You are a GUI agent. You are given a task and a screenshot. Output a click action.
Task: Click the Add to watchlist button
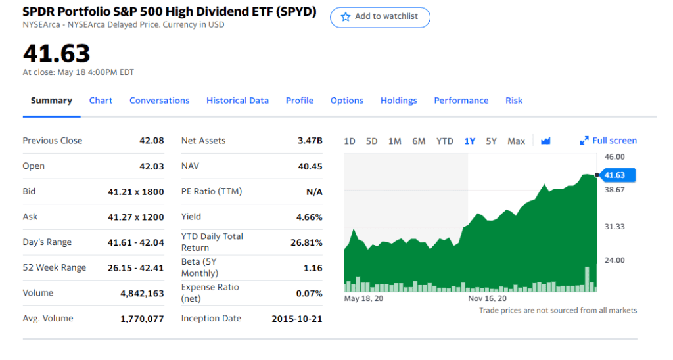pos(380,17)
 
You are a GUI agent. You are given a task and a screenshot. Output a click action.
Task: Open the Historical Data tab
pos(237,101)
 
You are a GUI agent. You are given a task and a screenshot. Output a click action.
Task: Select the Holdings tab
pos(398,101)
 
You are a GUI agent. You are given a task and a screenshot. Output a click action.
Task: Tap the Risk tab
pos(514,101)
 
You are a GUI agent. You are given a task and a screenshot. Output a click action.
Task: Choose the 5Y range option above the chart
pos(491,141)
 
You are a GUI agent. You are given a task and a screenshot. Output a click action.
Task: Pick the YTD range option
pos(445,141)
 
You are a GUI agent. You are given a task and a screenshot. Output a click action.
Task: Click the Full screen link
pos(609,141)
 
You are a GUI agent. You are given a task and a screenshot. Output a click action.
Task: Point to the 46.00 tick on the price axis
pos(615,156)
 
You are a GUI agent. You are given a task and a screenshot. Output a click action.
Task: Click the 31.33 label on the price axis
pos(615,227)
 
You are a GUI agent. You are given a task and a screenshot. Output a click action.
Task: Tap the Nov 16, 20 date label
pos(487,298)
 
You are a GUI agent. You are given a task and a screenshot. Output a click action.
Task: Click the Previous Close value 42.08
pos(152,141)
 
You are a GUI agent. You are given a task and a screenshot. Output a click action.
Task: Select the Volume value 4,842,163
pos(142,294)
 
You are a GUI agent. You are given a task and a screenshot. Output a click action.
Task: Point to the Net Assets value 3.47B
pos(310,141)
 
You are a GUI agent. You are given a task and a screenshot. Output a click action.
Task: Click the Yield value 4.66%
pos(310,217)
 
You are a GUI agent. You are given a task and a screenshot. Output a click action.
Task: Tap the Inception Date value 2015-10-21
pos(297,319)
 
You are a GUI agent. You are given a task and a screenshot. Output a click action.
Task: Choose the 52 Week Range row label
pos(55,267)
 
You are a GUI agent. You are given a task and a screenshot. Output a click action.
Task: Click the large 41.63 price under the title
pos(57,53)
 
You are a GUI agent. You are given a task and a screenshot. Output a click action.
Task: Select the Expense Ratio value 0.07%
pos(310,294)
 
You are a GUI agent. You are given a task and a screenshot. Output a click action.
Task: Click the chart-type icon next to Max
pos(545,141)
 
